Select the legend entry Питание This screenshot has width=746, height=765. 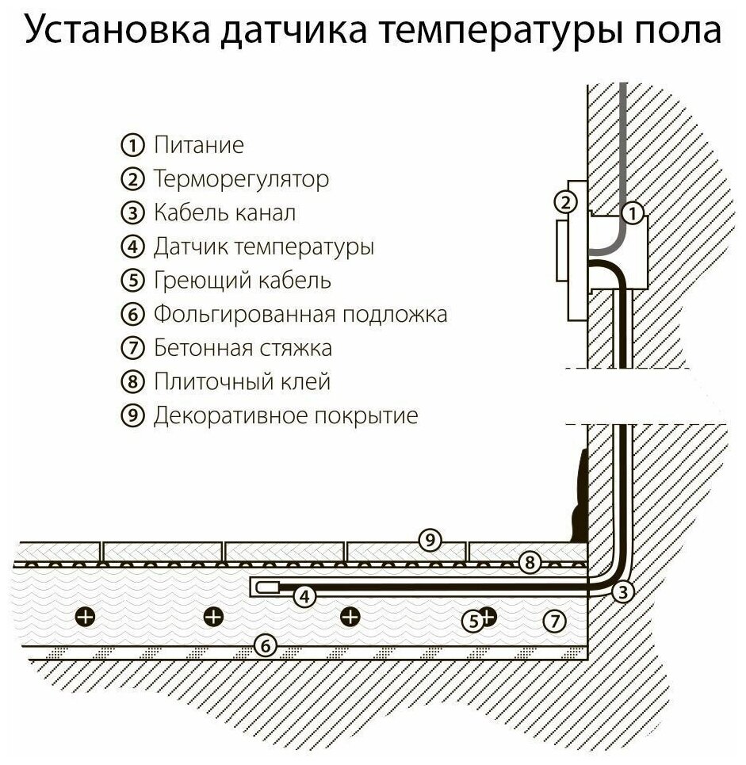[198, 146]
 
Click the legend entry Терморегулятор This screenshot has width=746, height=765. [240, 180]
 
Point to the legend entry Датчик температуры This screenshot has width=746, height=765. [263, 247]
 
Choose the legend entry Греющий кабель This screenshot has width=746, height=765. [242, 281]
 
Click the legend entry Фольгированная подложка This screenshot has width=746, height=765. [300, 315]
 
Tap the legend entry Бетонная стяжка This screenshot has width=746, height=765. [242, 348]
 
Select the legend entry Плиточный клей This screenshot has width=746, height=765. [241, 382]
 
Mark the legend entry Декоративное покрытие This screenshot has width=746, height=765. [285, 416]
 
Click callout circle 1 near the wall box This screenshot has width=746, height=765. [632, 212]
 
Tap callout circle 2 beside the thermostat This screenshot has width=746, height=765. [564, 202]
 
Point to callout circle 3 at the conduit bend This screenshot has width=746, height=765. [624, 591]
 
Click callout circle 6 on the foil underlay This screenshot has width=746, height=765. [266, 646]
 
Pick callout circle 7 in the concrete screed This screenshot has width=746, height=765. [555, 620]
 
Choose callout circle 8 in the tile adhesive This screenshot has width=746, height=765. [530, 564]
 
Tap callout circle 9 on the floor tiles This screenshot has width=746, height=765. [429, 541]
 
